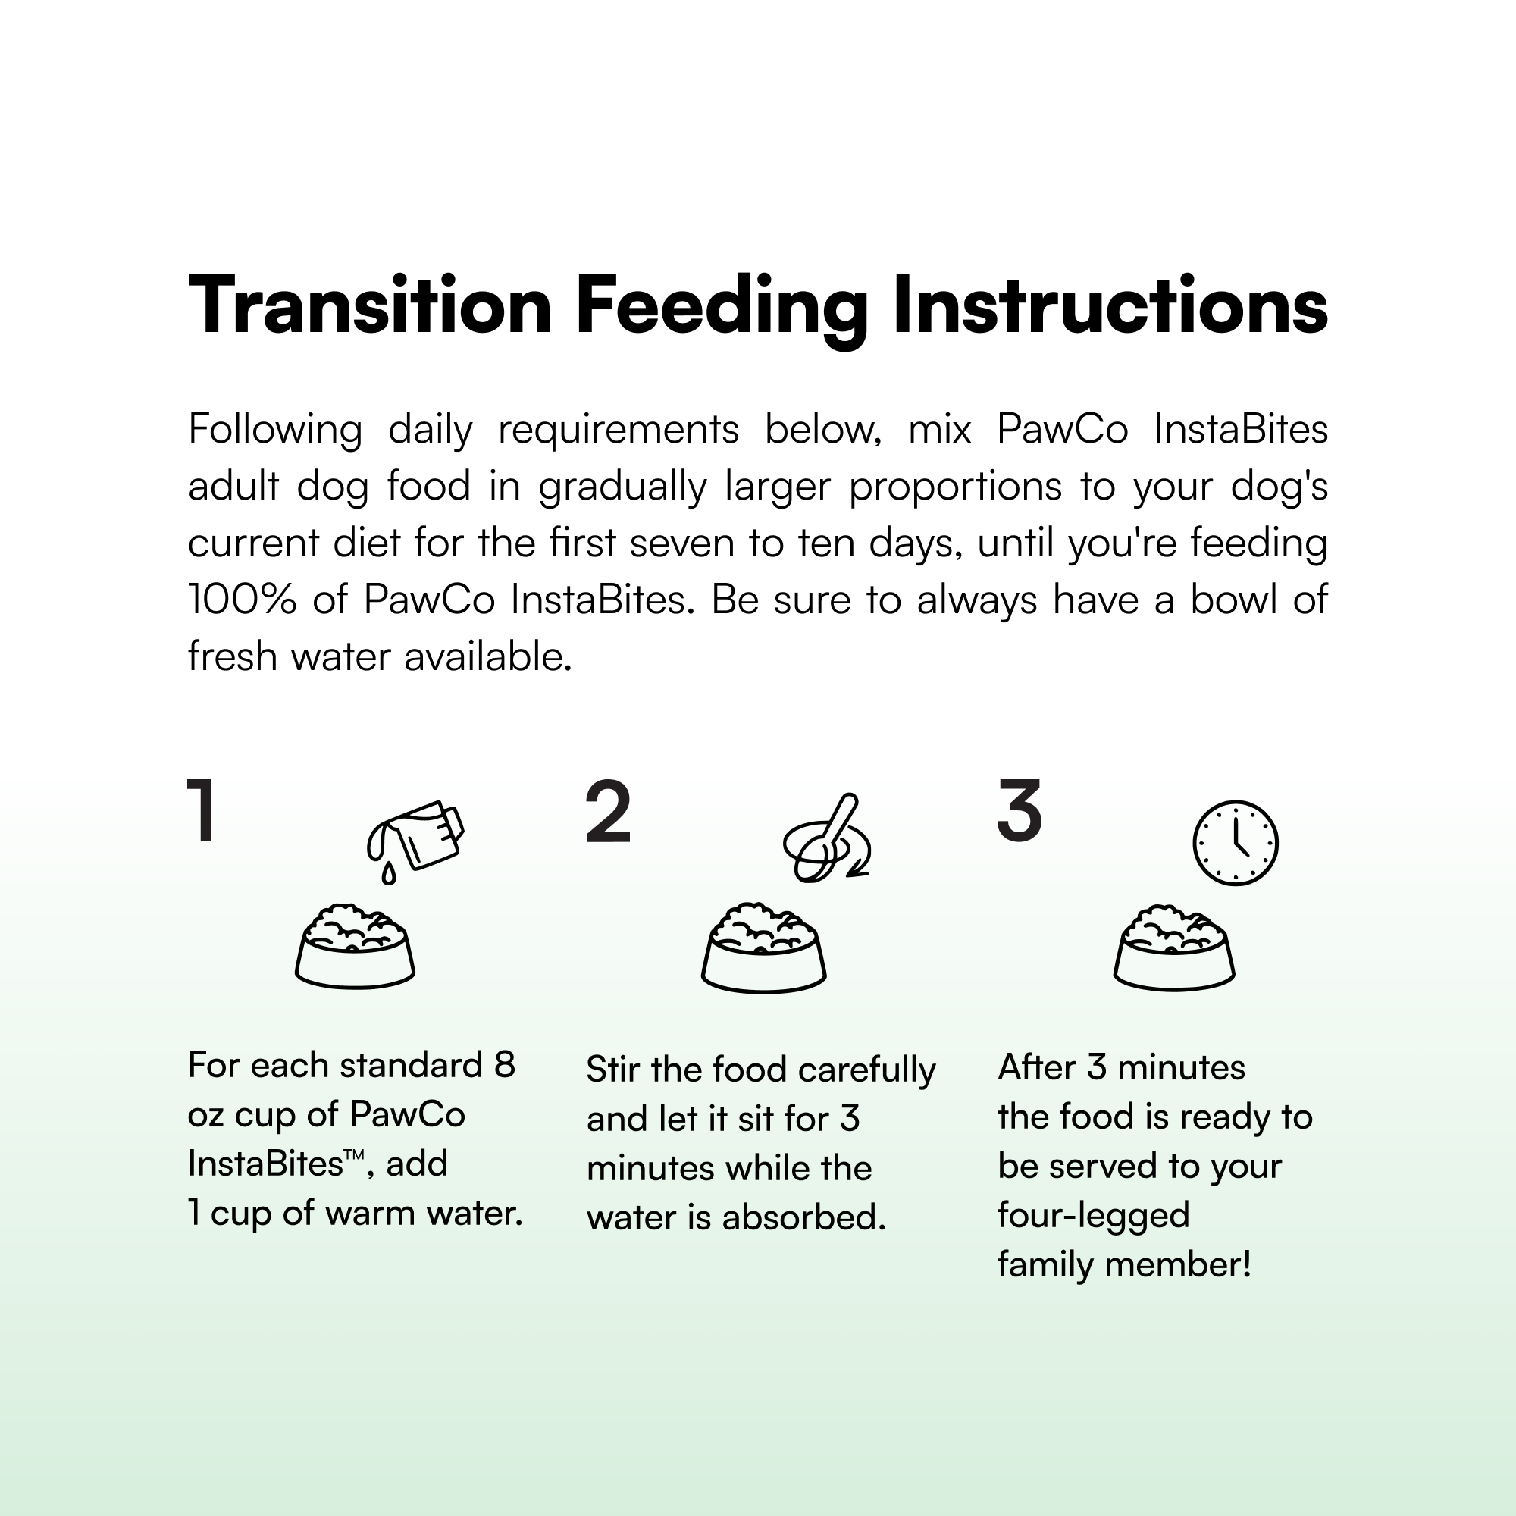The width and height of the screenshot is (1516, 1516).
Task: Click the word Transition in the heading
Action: click(371, 305)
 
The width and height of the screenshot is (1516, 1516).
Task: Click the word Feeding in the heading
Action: click(722, 311)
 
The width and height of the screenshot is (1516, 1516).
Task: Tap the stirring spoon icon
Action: click(826, 838)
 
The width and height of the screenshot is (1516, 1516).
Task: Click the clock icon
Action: click(1235, 844)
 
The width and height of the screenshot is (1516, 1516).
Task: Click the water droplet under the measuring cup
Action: click(388, 873)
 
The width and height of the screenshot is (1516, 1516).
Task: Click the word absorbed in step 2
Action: click(803, 1217)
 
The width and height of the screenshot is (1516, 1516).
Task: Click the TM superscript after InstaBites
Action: click(354, 1155)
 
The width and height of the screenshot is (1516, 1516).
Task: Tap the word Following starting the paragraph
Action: click(274, 430)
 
